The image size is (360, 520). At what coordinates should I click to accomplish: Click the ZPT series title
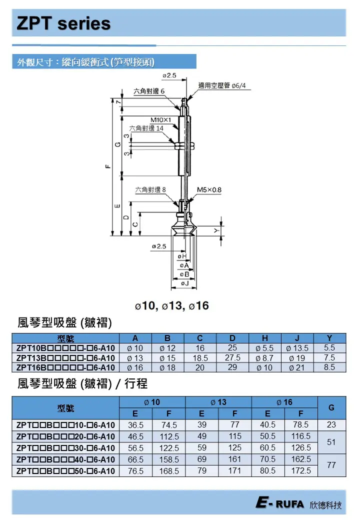coord(63,23)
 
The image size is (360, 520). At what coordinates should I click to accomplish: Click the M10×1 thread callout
coord(160,120)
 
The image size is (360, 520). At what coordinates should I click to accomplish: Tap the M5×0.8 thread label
coord(209,190)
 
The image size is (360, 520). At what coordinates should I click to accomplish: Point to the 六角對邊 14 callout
coord(146,128)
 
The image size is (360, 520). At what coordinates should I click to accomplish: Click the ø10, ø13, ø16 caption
coord(171,305)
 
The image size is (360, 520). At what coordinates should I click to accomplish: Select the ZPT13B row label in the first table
coord(65,357)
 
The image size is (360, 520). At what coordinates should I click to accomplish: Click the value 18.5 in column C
coord(200,357)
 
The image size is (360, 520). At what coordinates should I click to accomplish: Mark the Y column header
coord(329,338)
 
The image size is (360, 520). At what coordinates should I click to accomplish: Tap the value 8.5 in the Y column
coord(329,367)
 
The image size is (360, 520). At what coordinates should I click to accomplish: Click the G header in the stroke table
coord(331,407)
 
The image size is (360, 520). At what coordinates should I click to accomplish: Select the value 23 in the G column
coord(331,425)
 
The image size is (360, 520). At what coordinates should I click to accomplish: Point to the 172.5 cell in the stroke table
coord(301,470)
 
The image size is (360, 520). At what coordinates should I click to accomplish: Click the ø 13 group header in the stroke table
coord(218,402)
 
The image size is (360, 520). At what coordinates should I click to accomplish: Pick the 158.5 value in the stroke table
coord(168,459)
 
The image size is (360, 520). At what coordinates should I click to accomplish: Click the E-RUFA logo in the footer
coord(279,504)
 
